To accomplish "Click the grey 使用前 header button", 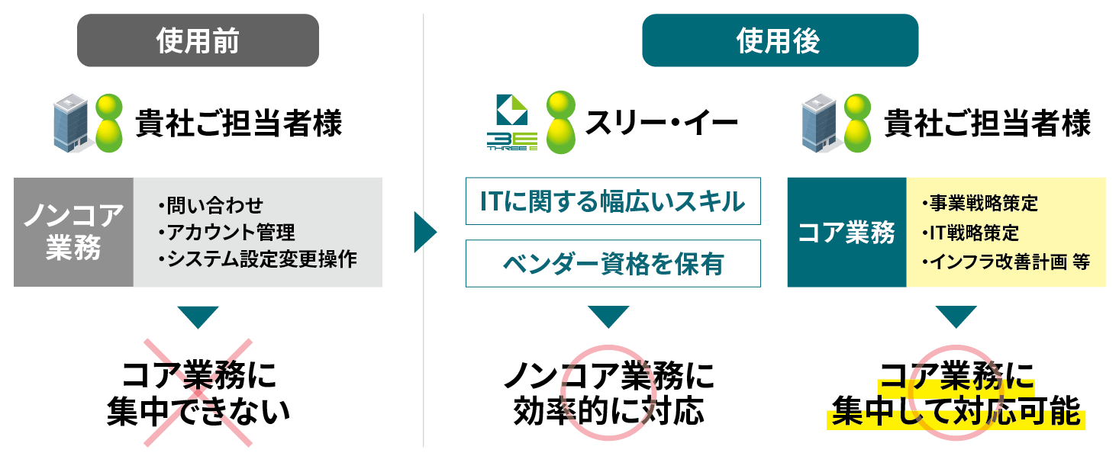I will click(198, 40).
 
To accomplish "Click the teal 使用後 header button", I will click(779, 40).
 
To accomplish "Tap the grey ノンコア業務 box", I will click(73, 232).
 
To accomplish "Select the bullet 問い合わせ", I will click(211, 205).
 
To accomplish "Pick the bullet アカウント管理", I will click(227, 232).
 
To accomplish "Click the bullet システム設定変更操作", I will click(257, 259).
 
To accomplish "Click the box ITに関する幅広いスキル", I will click(613, 202).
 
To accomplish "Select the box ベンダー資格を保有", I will click(613, 264).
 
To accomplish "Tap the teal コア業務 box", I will click(847, 232).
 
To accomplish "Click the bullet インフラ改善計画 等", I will click(1005, 261).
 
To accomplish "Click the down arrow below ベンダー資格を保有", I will click(608, 316).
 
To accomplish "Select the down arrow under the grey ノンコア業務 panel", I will click(198, 316).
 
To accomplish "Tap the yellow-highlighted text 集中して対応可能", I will click(956, 414).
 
